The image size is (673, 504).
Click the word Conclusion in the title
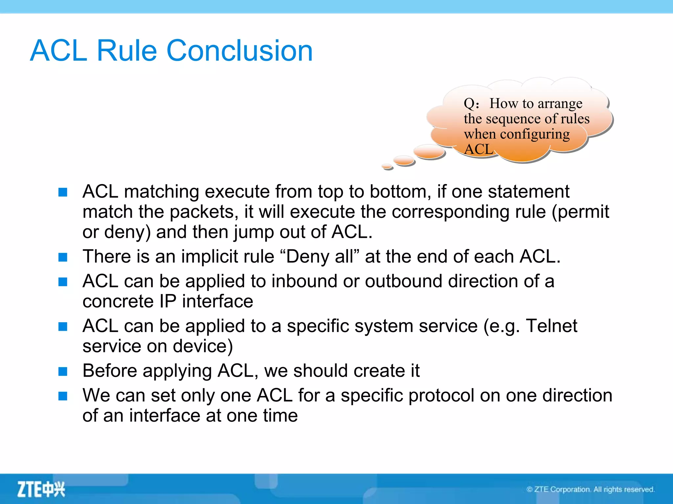(x=240, y=51)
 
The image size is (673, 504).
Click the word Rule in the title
(x=127, y=51)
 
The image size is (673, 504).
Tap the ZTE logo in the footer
(x=41, y=489)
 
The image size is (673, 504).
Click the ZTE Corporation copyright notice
(x=591, y=489)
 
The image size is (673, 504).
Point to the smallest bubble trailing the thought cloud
(x=387, y=167)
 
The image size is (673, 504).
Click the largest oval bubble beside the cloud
(x=429, y=151)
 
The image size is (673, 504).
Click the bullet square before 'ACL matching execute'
(x=63, y=192)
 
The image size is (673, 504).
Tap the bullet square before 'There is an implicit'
(x=63, y=257)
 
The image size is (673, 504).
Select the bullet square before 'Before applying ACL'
(x=63, y=371)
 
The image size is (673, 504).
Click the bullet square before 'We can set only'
(x=63, y=396)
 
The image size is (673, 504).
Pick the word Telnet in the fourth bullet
(x=551, y=326)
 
